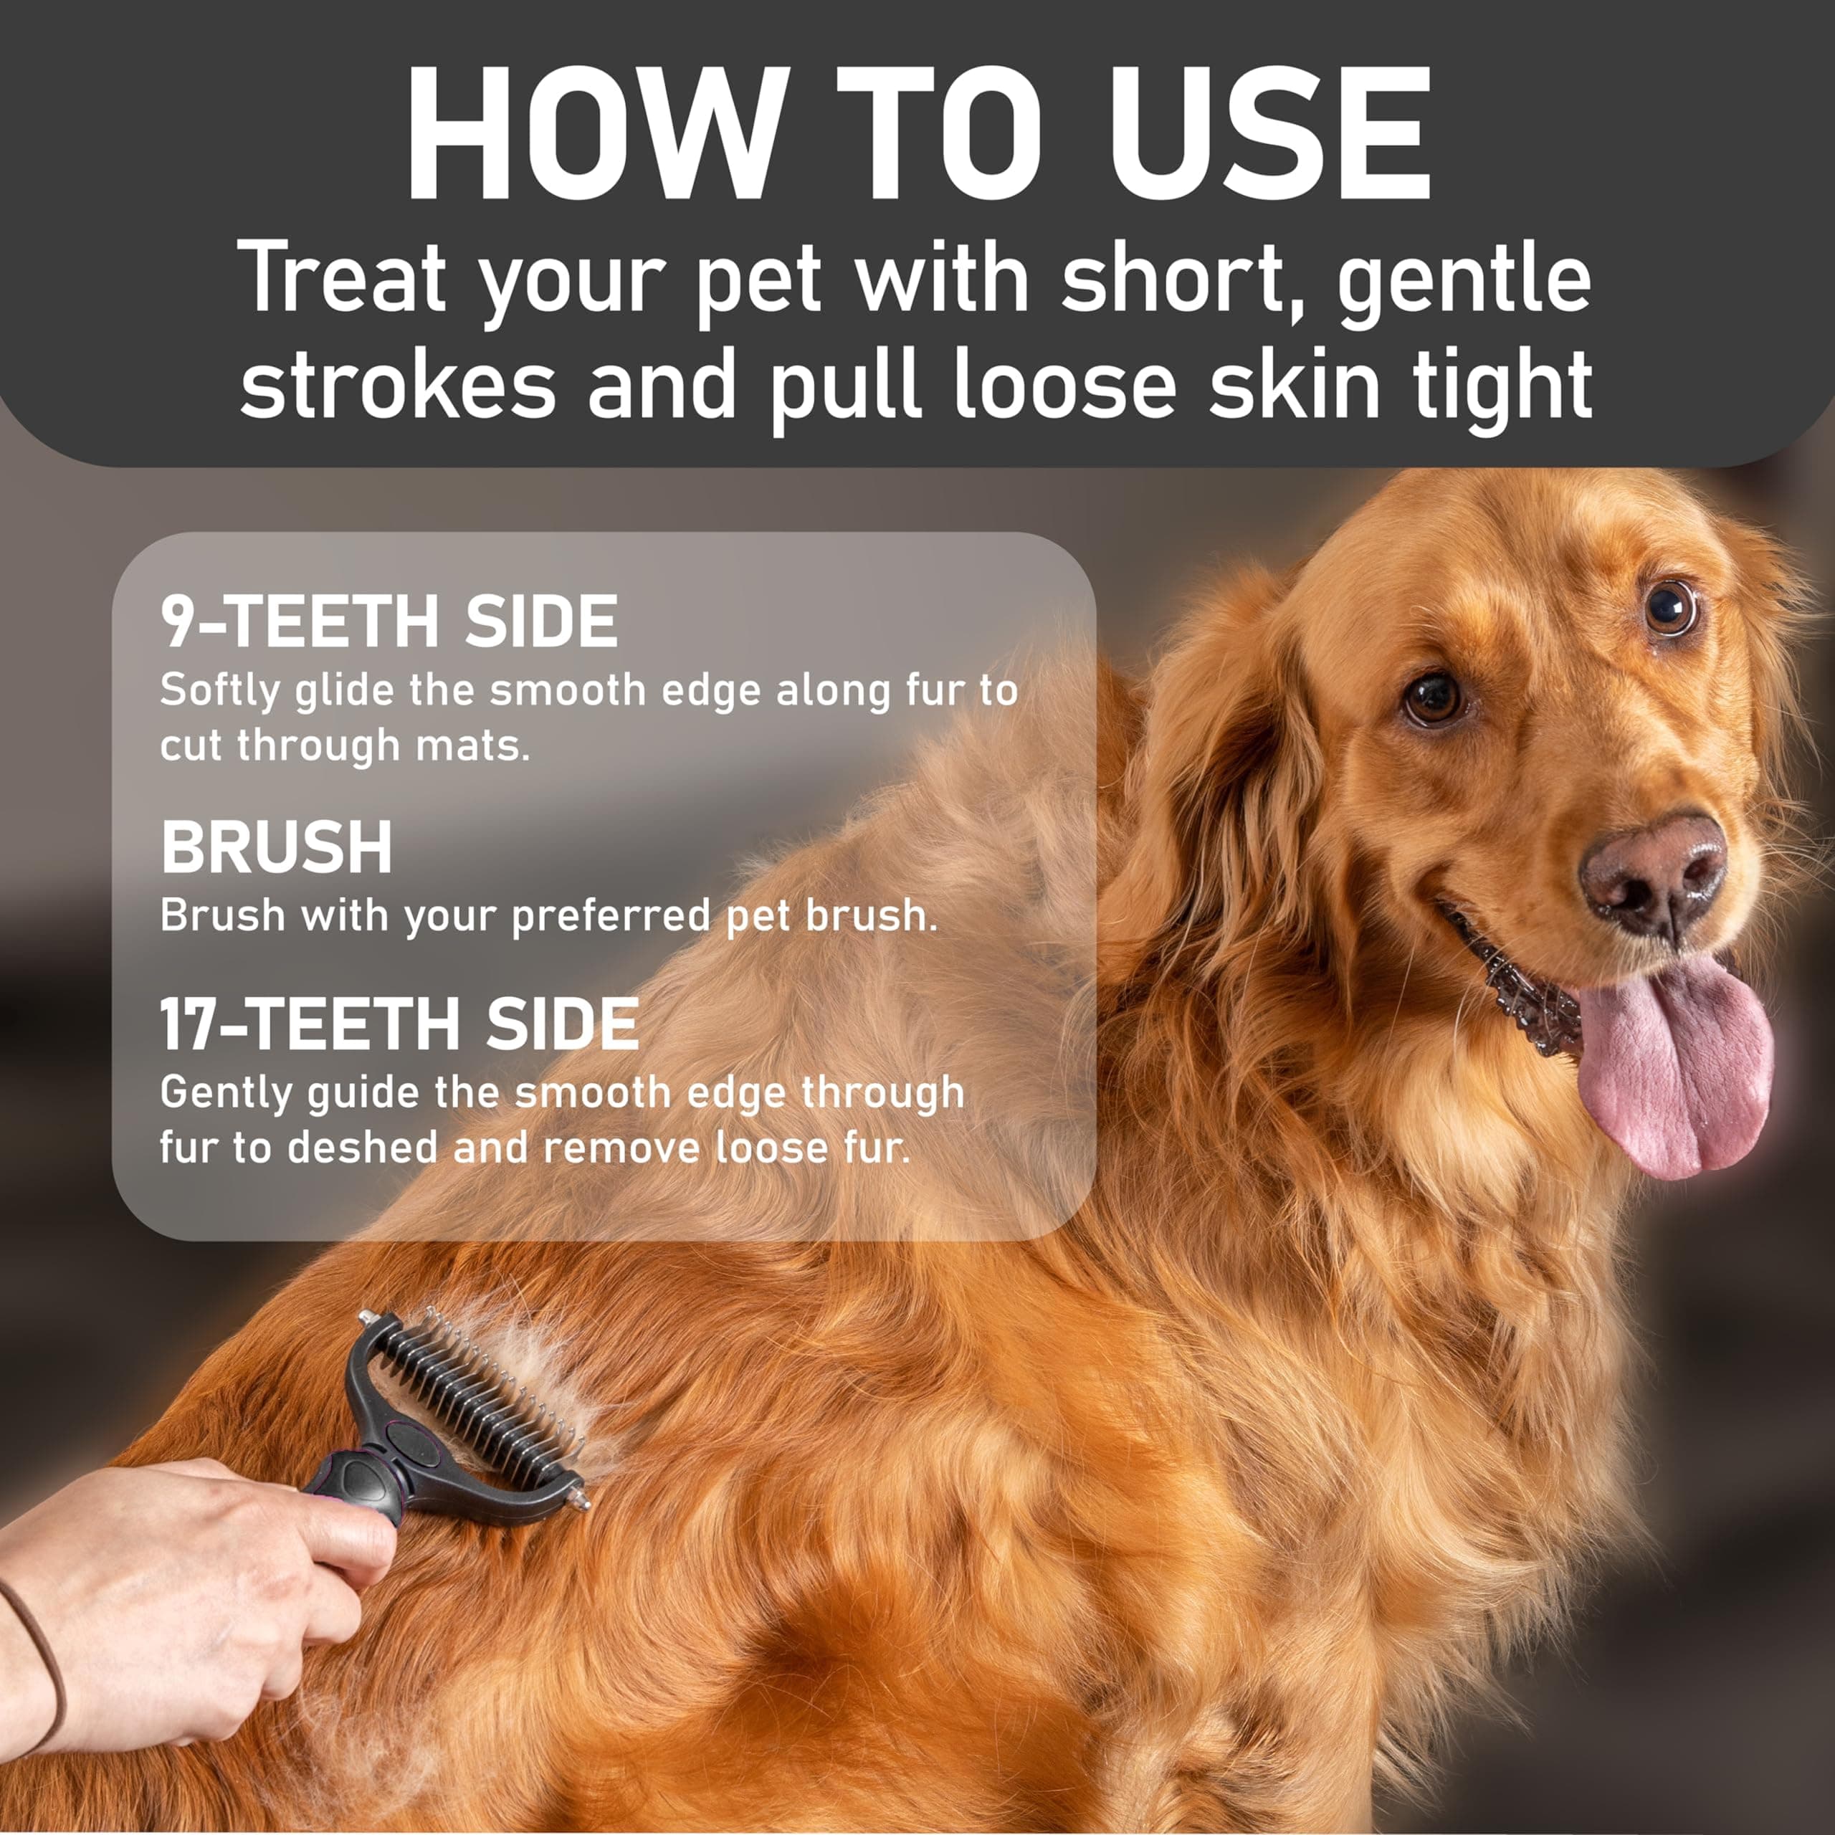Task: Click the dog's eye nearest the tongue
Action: [1434, 698]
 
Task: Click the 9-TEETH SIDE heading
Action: [389, 622]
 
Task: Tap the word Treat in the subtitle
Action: [342, 278]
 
